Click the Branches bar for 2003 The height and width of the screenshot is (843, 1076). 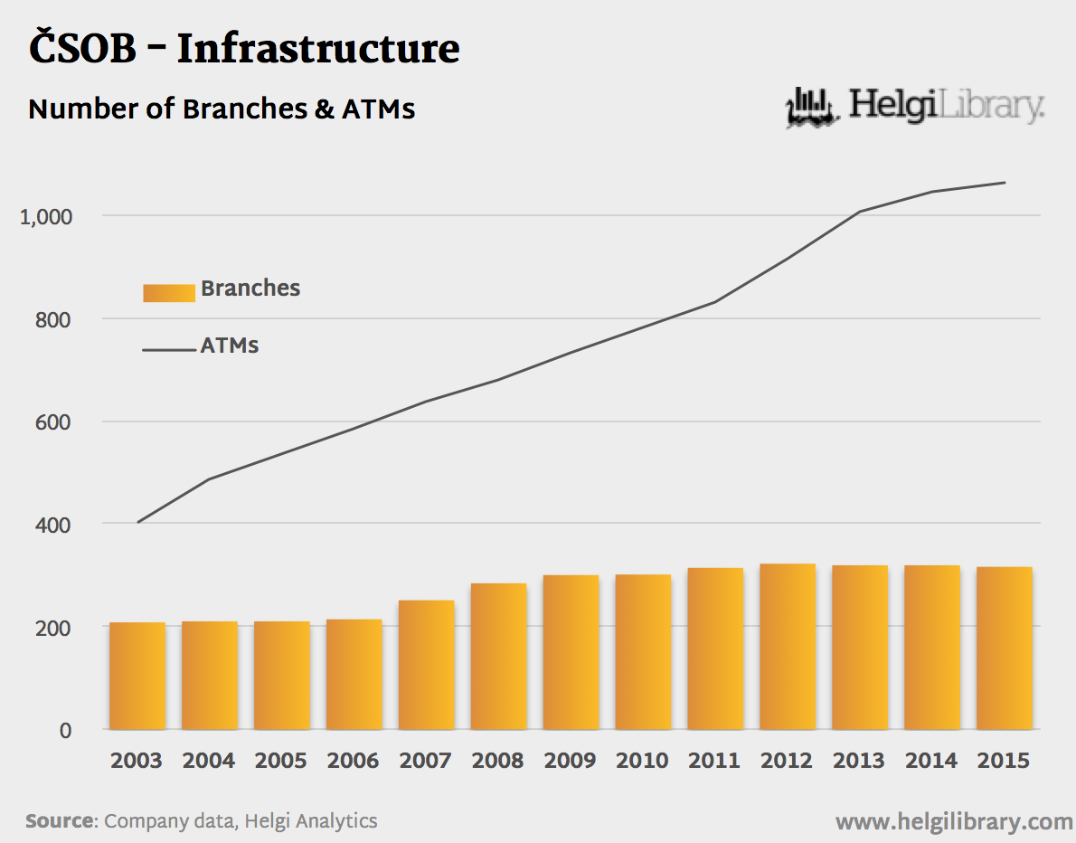[137, 676]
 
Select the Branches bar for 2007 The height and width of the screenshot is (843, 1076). [427, 665]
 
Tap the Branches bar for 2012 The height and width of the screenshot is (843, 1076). [788, 647]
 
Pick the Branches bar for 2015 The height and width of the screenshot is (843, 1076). [1005, 648]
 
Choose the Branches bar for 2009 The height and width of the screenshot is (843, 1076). [571, 652]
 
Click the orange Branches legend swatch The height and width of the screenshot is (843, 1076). [169, 292]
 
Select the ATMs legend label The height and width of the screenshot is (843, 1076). [230, 346]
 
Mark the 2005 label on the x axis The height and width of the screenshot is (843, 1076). [280, 761]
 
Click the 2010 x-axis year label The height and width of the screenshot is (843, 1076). [642, 761]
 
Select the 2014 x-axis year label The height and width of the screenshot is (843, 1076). [931, 761]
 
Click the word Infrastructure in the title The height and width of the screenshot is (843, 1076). [318, 49]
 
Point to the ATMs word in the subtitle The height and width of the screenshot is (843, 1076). [378, 109]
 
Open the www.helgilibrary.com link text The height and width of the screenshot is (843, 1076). [953, 821]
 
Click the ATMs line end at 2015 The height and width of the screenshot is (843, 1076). [1005, 183]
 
